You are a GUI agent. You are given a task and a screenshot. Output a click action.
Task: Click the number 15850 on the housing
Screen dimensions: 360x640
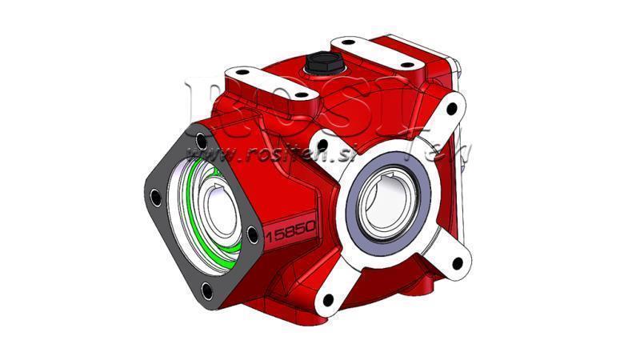[291, 233]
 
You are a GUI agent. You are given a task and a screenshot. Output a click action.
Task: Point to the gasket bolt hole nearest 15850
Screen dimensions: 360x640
[252, 234]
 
